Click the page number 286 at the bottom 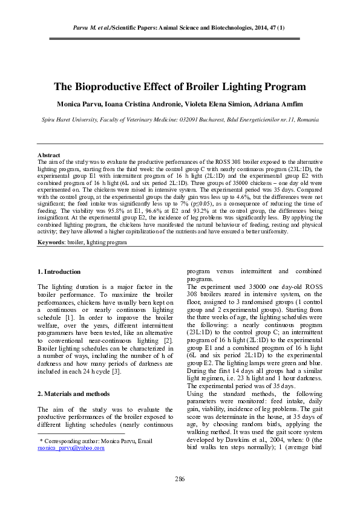click(x=180, y=479)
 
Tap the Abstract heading click(x=48, y=155)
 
